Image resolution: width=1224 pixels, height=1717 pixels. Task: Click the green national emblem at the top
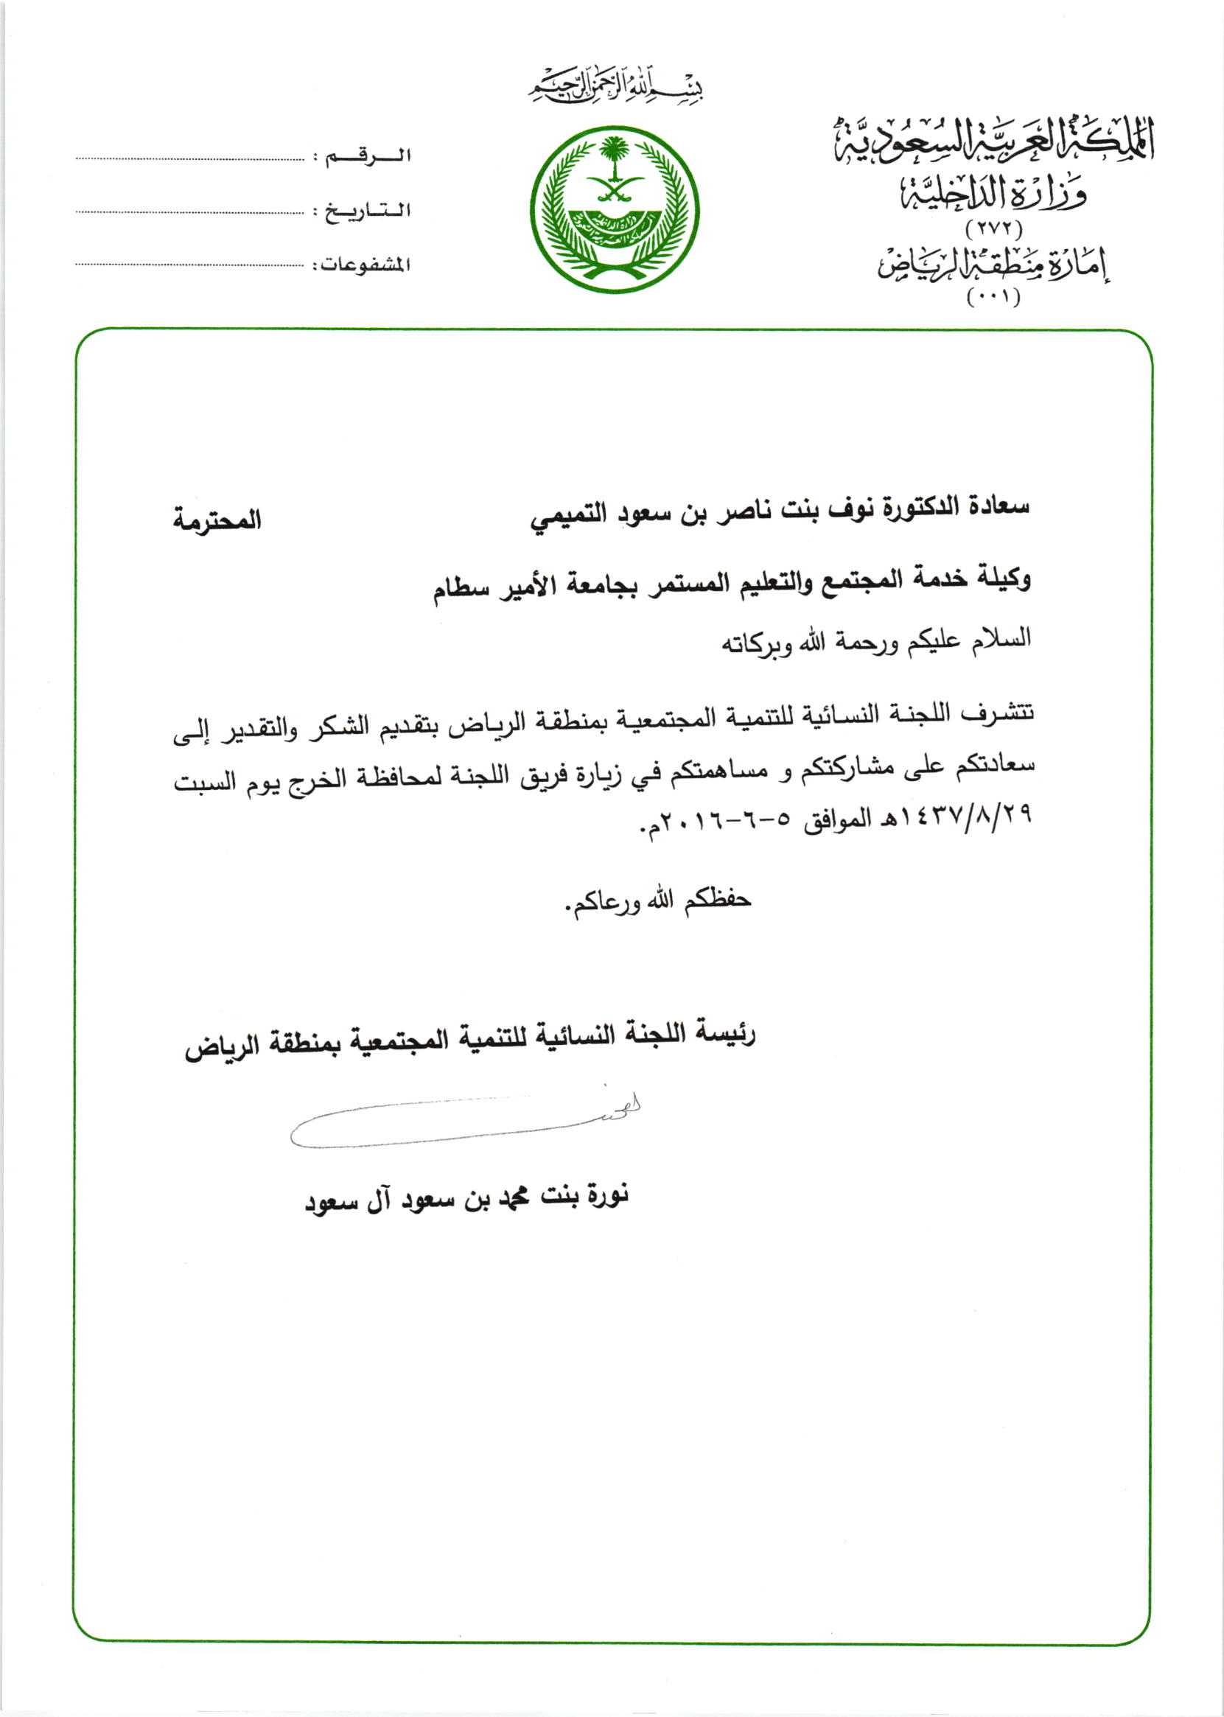tap(615, 209)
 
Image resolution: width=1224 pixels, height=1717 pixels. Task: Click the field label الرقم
tap(368, 157)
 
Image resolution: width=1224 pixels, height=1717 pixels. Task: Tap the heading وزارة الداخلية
tap(993, 194)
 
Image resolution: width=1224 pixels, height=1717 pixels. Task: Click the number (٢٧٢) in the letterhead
tap(993, 227)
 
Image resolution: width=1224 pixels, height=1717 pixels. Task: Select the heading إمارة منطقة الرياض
tap(993, 264)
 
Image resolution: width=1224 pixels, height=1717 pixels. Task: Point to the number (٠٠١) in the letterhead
tap(993, 298)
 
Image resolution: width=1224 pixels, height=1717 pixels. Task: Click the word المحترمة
tap(217, 521)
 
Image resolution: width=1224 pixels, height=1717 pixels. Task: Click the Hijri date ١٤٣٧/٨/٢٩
tap(956, 816)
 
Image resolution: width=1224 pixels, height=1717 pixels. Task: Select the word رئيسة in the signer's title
tap(724, 1034)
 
